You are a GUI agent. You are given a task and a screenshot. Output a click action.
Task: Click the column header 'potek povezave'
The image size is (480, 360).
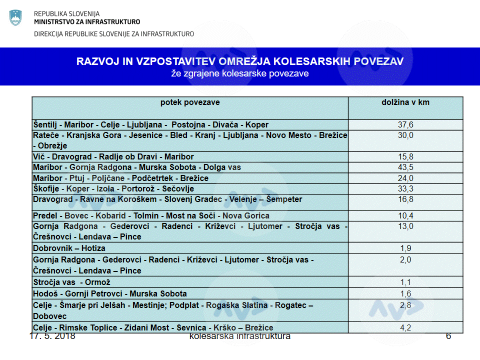[190, 102]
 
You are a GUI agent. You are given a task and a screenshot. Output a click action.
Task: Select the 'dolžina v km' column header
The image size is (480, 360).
[405, 102]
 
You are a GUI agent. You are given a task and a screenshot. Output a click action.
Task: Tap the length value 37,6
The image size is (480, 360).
[405, 125]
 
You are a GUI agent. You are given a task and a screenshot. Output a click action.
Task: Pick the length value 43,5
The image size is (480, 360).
[405, 167]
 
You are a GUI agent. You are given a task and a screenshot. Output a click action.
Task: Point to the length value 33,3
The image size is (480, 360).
[405, 189]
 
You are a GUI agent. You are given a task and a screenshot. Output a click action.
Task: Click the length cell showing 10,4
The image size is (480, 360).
[405, 216]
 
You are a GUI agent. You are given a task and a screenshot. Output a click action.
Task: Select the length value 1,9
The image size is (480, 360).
[405, 248]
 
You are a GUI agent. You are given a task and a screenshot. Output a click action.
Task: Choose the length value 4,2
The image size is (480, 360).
[405, 328]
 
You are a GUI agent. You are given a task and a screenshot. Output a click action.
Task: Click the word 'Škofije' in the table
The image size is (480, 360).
[46, 189]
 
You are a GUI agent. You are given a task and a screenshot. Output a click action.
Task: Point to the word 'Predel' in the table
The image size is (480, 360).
[45, 216]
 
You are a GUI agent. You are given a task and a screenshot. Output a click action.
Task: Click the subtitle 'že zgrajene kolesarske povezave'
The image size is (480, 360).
[240, 73]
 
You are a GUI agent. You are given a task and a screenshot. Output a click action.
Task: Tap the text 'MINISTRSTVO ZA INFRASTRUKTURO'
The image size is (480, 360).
[87, 22]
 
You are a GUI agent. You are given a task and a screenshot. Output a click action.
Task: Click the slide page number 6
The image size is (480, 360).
[448, 336]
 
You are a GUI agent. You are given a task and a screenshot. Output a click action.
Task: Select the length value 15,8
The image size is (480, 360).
[405, 157]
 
